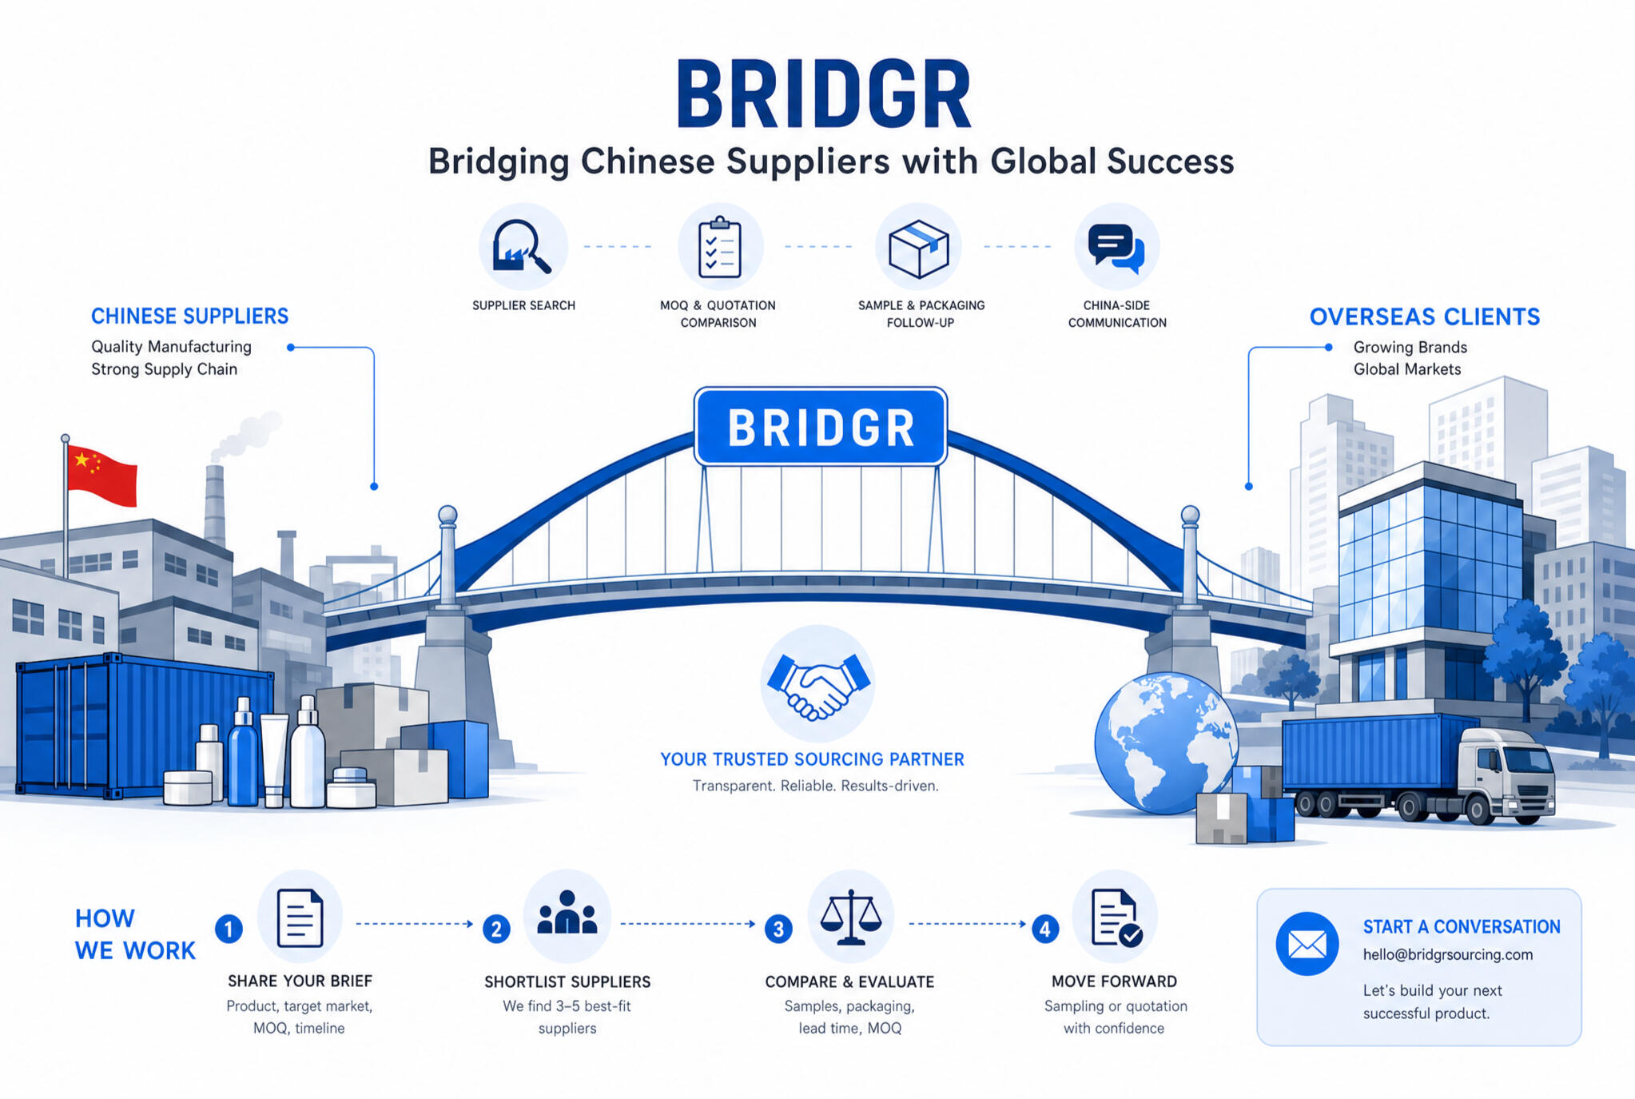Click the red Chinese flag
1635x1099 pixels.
(x=101, y=476)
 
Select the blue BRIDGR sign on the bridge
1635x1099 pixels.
(x=821, y=427)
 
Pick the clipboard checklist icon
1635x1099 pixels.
(x=720, y=247)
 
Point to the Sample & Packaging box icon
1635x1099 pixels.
(x=919, y=249)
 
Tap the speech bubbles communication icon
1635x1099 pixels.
(x=1116, y=249)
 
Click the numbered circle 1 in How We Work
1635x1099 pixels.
(x=229, y=929)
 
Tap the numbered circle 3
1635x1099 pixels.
(x=778, y=929)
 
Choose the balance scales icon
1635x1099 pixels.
(x=850, y=918)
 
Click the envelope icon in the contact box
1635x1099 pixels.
(x=1307, y=944)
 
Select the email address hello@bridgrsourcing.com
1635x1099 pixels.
(x=1448, y=954)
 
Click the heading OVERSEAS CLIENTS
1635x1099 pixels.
(x=1425, y=317)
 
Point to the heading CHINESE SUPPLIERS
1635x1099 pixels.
(x=189, y=316)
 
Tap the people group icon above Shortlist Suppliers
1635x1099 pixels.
(x=567, y=913)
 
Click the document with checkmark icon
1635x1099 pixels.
(x=1116, y=918)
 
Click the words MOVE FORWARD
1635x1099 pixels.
(x=1114, y=982)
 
